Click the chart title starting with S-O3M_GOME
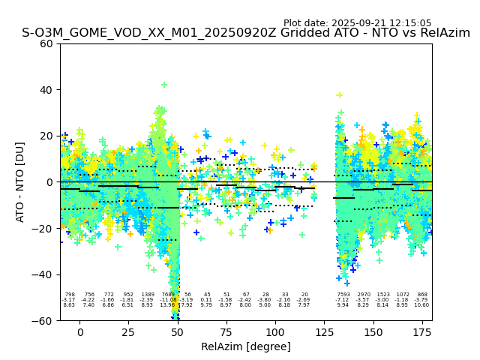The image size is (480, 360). (x=245, y=33)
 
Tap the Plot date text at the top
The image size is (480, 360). (x=357, y=23)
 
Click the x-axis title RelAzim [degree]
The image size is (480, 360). (x=245, y=346)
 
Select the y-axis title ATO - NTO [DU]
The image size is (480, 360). (x=20, y=181)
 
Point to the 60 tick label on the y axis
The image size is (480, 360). (x=46, y=43)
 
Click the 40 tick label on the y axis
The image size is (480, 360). (x=46, y=90)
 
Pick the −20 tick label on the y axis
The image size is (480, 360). (x=43, y=228)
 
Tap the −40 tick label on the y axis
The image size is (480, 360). (x=43, y=274)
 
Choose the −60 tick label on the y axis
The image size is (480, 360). (x=43, y=320)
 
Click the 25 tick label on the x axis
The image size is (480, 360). (x=128, y=331)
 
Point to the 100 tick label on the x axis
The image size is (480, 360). (x=275, y=331)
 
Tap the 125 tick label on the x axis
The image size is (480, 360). (x=324, y=331)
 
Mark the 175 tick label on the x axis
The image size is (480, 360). (x=421, y=331)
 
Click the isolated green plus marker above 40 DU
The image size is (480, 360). (x=164, y=85)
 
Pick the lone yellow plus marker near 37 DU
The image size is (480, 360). (x=339, y=95)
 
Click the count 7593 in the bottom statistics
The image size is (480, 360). (x=343, y=295)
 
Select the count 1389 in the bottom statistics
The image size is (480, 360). (x=148, y=295)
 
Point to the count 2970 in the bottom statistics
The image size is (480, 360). (x=364, y=295)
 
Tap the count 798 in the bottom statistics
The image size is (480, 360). (x=70, y=295)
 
